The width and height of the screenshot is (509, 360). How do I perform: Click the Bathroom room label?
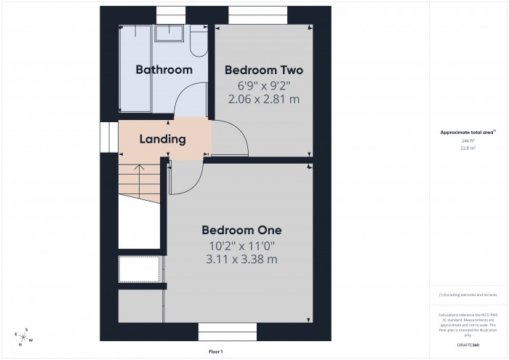[x=164, y=70]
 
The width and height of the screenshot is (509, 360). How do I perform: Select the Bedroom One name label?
[x=241, y=229]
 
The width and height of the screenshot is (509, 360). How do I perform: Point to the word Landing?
[x=162, y=139]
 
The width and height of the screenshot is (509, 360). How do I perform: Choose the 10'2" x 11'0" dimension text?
[x=241, y=245]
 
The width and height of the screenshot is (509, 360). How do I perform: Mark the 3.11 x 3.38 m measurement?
[x=241, y=259]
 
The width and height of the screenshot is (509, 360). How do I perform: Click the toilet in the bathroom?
[x=198, y=44]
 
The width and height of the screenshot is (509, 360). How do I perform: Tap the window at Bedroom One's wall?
[x=228, y=332]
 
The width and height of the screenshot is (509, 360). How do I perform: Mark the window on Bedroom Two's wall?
[x=254, y=12]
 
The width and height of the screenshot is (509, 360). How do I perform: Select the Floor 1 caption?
[x=216, y=351]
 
